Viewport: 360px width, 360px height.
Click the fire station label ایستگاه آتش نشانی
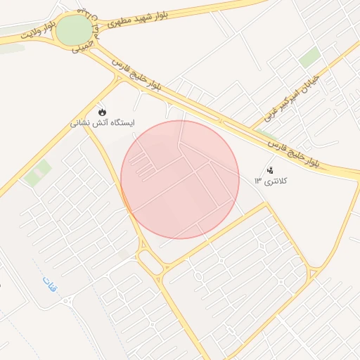103,122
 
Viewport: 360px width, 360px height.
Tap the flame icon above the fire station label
103,111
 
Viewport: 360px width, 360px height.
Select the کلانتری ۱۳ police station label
272,181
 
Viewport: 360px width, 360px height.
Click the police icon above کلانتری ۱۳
270,170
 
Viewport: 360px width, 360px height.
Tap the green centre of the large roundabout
74,31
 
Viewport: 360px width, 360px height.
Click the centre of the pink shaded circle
180,179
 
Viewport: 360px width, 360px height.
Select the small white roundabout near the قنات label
69,301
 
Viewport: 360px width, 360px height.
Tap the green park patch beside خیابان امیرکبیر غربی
309,58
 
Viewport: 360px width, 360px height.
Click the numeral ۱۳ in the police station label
258,181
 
